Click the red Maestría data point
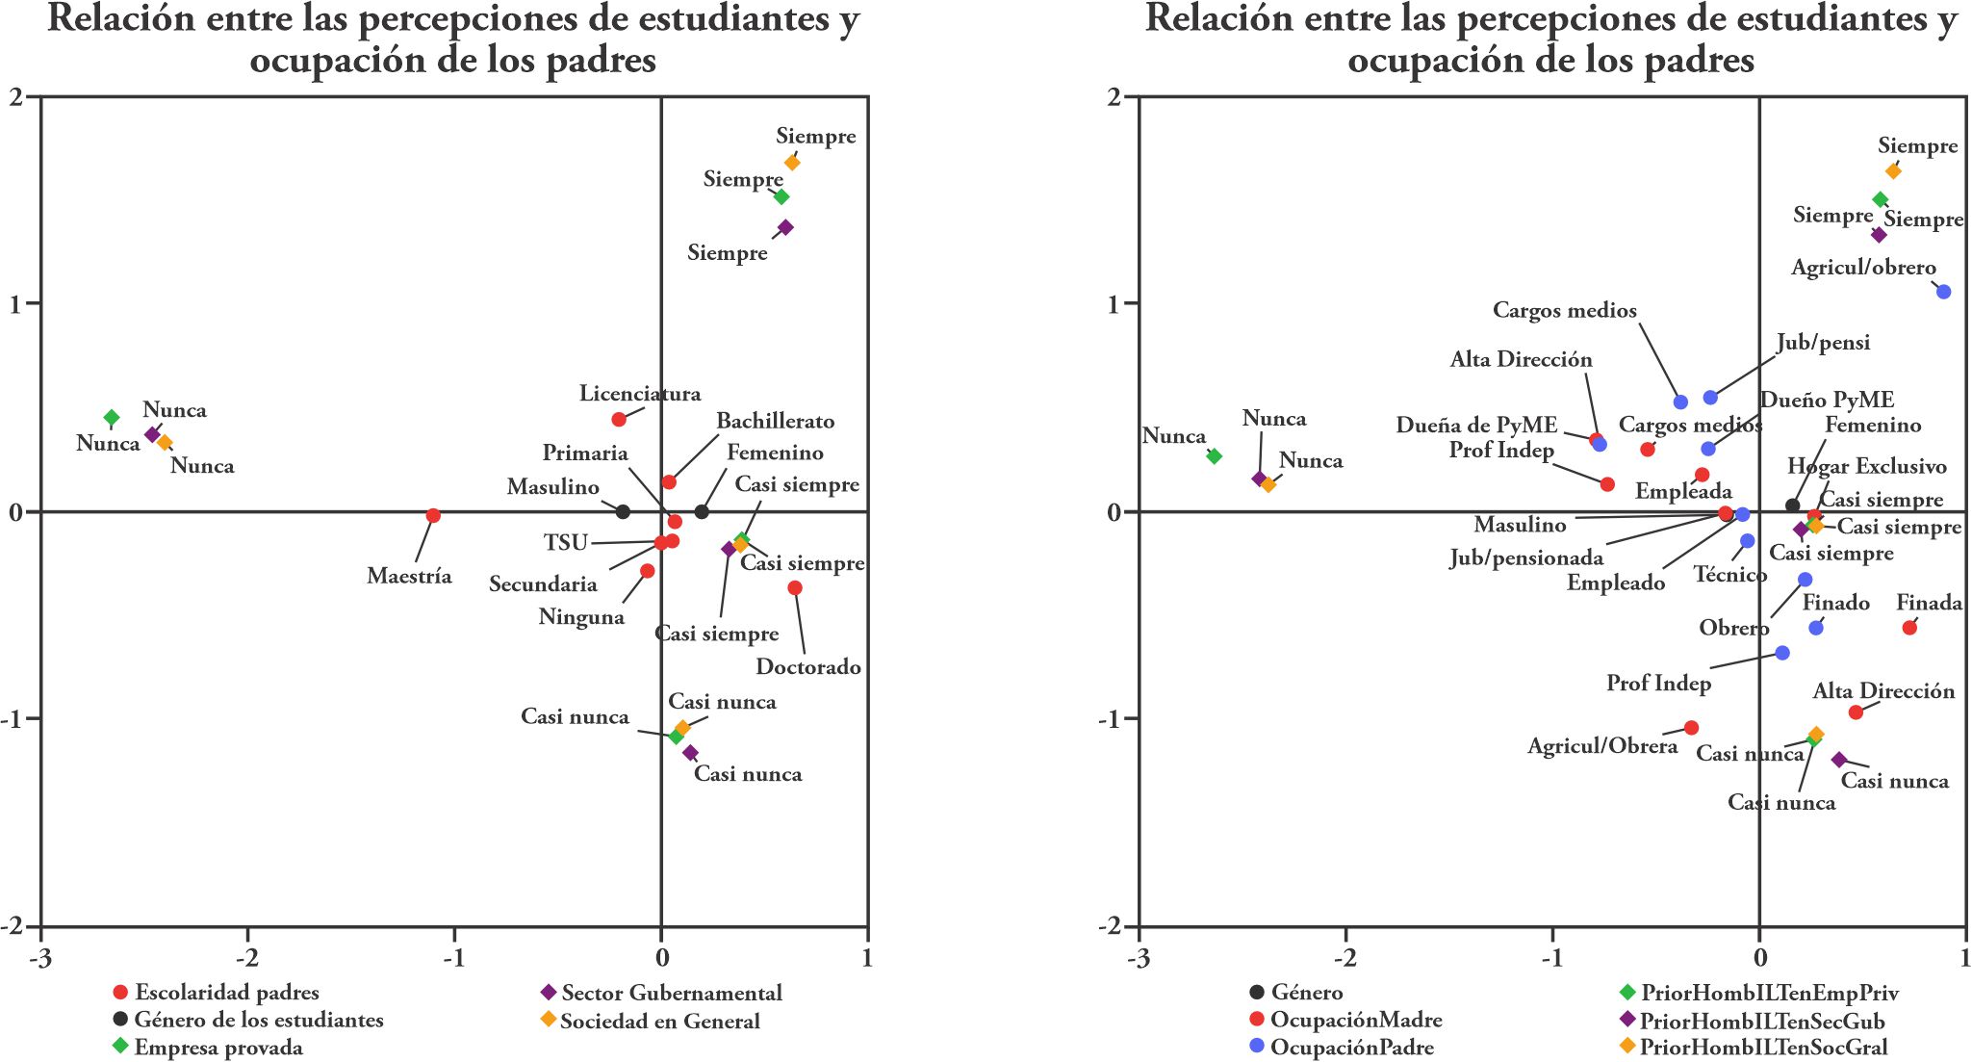click(x=433, y=515)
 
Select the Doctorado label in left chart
click(x=807, y=667)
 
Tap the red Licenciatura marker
click(x=619, y=419)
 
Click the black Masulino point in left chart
click(x=623, y=511)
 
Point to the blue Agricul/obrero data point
click(x=1943, y=292)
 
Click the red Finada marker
click(x=1909, y=628)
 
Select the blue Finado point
click(x=1816, y=628)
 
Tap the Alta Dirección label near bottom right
click(x=1883, y=691)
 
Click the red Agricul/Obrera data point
click(x=1691, y=728)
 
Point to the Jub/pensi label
click(x=1823, y=343)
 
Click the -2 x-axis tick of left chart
click(x=247, y=959)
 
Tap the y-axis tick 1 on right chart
click(x=1116, y=303)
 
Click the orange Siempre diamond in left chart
click(x=792, y=163)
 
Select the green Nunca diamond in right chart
click(x=1215, y=456)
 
